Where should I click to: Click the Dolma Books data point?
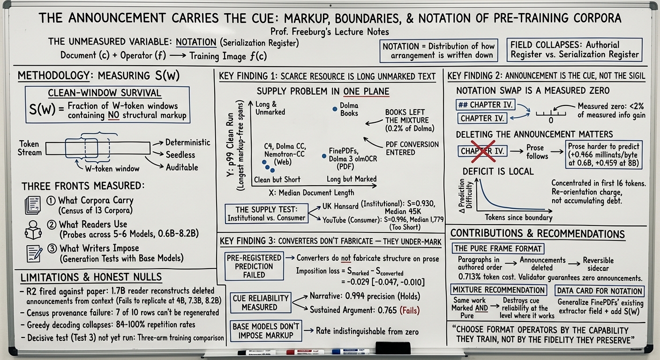coord(335,109)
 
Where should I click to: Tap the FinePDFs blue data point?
coord(324,156)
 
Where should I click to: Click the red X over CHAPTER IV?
coord(483,151)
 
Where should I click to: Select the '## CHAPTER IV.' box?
coord(485,105)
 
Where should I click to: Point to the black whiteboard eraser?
coord(393,348)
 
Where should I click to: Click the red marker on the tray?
coord(305,352)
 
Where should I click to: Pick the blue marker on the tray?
coord(350,352)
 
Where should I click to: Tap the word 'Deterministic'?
coord(187,142)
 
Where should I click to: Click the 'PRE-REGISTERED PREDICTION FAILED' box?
coord(254,266)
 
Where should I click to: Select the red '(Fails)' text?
coord(410,310)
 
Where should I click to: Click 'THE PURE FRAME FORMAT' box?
coord(498,248)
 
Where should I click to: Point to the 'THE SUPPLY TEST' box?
coord(266,214)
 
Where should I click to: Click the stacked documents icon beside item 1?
coord(33,205)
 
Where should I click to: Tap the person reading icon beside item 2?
coord(33,230)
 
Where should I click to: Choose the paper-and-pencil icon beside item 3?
coord(34,254)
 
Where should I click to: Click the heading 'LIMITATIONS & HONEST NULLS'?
coord(91,277)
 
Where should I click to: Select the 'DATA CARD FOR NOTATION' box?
coord(600,291)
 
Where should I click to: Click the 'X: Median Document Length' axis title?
coord(311,193)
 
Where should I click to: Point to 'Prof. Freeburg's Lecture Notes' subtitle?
coord(330,31)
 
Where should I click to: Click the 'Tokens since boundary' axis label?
coord(518,217)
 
